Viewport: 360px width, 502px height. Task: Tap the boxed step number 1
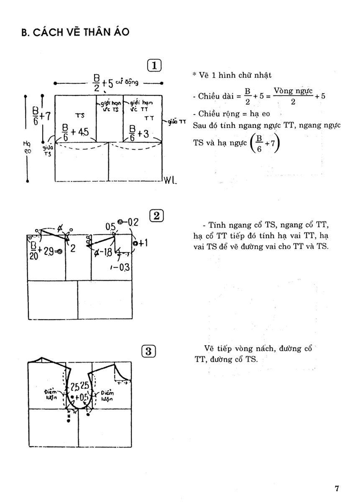[x=155, y=65]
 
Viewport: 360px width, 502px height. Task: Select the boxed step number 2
[x=156, y=216]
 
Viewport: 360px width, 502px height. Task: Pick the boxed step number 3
[x=149, y=351]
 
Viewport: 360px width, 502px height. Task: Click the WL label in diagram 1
[x=171, y=181]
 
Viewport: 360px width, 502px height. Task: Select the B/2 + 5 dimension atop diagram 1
[x=102, y=81]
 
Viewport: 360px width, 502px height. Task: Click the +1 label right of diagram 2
[x=139, y=243]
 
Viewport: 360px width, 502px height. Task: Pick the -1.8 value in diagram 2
[x=103, y=251]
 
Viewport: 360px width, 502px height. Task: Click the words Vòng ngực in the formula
[x=292, y=90]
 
